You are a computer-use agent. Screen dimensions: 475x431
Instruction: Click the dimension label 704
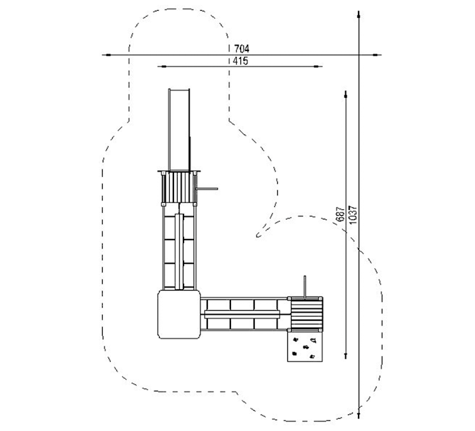pyautogui.click(x=242, y=49)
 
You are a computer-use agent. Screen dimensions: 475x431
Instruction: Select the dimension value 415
pyautogui.click(x=240, y=61)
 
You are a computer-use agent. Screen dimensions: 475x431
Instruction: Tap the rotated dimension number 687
pyautogui.click(x=340, y=214)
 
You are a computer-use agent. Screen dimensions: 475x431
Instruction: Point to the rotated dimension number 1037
pyautogui.click(x=353, y=215)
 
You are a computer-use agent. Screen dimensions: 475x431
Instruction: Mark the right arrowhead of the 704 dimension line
pyautogui.click(x=375, y=55)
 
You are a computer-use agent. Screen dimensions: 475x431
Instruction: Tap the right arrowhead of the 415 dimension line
pyautogui.click(x=316, y=66)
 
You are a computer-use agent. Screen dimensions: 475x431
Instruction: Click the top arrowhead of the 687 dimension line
pyautogui.click(x=346, y=95)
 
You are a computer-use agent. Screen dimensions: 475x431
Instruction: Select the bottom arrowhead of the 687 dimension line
pyautogui.click(x=346, y=355)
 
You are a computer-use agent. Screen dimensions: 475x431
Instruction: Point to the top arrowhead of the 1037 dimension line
pyautogui.click(x=359, y=17)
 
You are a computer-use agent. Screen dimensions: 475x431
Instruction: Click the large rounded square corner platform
pyautogui.click(x=179, y=314)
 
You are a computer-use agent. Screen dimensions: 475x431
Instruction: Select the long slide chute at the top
pyautogui.click(x=179, y=130)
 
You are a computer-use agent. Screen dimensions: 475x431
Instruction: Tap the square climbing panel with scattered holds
pyautogui.click(x=305, y=346)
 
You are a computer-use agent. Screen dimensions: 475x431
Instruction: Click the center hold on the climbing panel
pyautogui.click(x=305, y=346)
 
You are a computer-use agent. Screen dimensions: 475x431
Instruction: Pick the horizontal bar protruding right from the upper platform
pyautogui.click(x=207, y=189)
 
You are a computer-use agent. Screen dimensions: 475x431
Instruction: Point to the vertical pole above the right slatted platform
pyautogui.click(x=305, y=287)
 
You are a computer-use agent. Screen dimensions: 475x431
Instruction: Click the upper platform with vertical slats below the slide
pyautogui.click(x=179, y=188)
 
